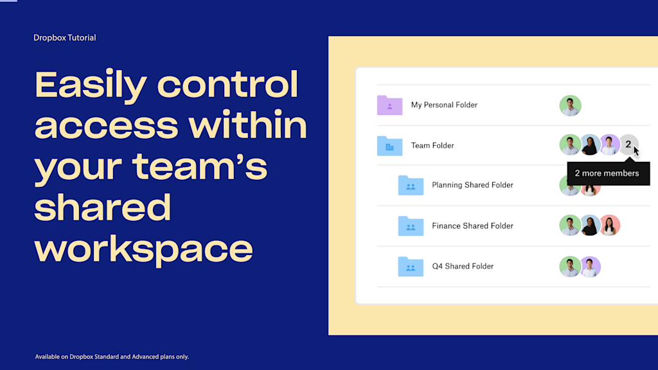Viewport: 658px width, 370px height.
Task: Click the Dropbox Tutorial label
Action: coord(64,38)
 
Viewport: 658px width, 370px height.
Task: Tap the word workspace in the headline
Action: coord(143,249)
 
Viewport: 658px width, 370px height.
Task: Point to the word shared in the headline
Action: coord(103,207)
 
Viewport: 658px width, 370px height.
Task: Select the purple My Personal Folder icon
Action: coord(389,105)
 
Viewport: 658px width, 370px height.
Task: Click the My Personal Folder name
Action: coord(444,105)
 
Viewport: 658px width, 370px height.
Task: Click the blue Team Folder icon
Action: coord(389,145)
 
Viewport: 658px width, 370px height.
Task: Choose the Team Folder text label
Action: coord(432,145)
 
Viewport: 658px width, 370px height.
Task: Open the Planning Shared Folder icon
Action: coord(411,185)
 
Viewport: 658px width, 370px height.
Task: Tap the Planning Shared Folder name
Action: coord(472,185)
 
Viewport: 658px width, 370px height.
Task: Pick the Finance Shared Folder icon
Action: coord(411,225)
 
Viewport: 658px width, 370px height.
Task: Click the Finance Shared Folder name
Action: coord(472,225)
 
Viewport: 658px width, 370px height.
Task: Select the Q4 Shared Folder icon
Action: coord(411,266)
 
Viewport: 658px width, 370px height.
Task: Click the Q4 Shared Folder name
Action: coord(463,266)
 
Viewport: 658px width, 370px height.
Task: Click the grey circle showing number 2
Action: coord(628,145)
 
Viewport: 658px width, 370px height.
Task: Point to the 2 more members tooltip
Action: coord(606,173)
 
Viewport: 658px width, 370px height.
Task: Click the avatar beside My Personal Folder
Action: coord(570,105)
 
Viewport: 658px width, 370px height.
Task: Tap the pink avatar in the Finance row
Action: coord(609,225)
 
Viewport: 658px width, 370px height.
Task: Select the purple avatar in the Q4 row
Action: coord(590,267)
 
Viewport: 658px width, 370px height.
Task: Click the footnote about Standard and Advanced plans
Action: coord(112,357)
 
